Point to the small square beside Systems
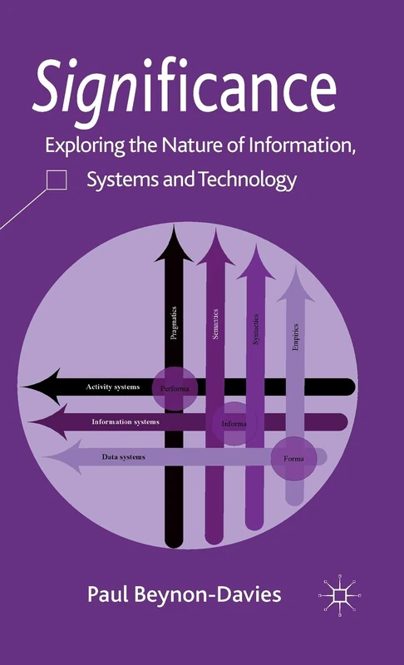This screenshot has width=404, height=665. pyautogui.click(x=57, y=180)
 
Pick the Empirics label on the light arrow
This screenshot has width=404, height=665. pyautogui.click(x=296, y=336)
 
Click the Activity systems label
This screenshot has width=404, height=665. pyautogui.click(x=113, y=387)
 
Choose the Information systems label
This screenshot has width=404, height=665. pyautogui.click(x=126, y=421)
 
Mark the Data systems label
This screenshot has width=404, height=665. pyautogui.click(x=123, y=457)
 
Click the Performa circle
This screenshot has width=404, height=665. pyautogui.click(x=174, y=388)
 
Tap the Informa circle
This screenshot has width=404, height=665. pyautogui.click(x=234, y=423)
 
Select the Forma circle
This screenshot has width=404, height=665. pyautogui.click(x=293, y=458)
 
